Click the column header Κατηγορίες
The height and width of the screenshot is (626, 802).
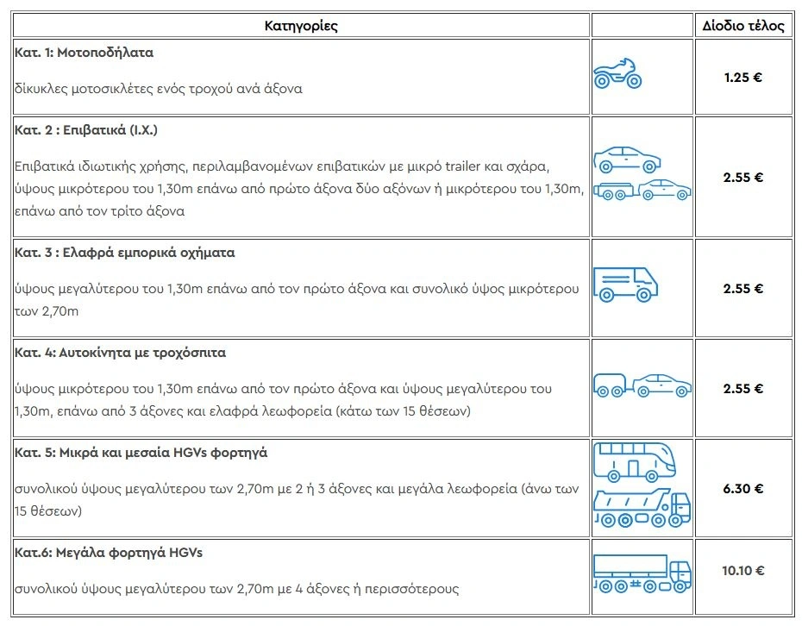(x=300, y=26)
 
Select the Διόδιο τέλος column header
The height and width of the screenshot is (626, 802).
(x=742, y=26)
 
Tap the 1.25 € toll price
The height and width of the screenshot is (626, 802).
(x=742, y=77)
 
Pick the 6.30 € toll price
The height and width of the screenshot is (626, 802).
(x=742, y=488)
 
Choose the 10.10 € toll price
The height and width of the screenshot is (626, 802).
(x=742, y=570)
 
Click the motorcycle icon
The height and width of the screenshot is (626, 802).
(x=617, y=74)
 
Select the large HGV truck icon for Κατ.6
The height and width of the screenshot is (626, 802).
(x=642, y=572)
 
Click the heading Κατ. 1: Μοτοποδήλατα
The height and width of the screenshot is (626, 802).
(x=84, y=53)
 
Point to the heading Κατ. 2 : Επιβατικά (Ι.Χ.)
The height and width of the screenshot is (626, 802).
(x=86, y=130)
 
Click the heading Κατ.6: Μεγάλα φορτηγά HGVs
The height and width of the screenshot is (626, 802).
(x=109, y=553)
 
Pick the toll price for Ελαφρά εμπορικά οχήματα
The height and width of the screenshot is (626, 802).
(x=742, y=289)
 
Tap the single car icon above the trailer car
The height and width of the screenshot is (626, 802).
(x=627, y=159)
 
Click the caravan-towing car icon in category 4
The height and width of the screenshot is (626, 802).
(x=642, y=385)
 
